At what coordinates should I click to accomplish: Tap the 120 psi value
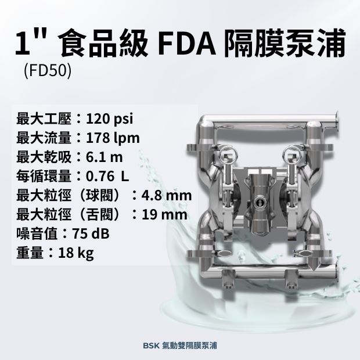pos(109,120)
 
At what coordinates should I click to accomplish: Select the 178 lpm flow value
pos(113,138)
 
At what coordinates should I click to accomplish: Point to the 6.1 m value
pos(105,157)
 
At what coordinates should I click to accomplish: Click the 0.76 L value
pos(107,177)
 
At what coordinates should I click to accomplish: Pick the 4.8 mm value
pos(167,196)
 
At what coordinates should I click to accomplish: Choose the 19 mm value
pos(164,215)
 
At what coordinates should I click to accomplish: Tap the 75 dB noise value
pos(91,234)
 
